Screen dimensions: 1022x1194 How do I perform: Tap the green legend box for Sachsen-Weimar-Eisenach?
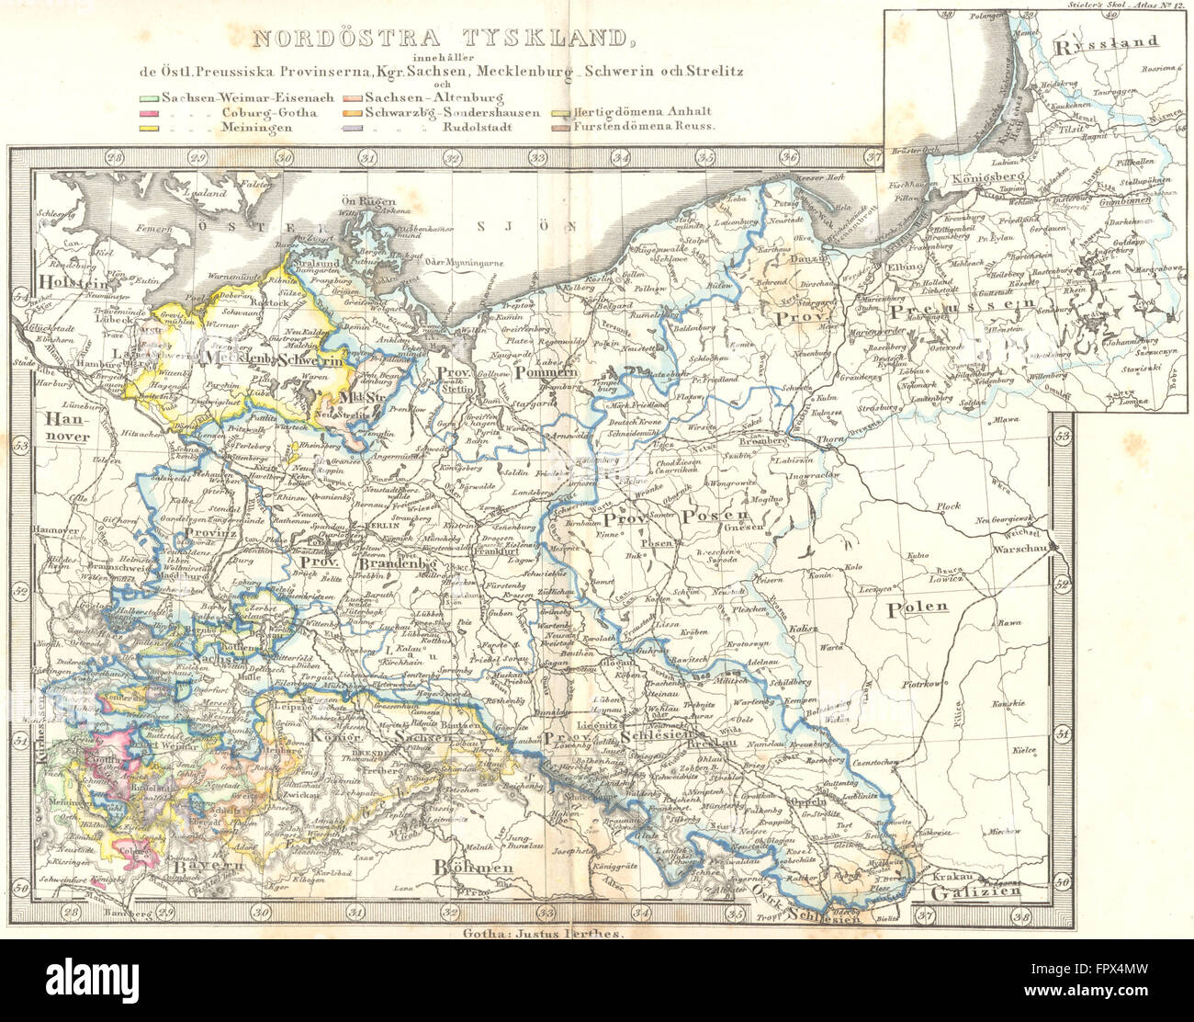pyautogui.click(x=149, y=97)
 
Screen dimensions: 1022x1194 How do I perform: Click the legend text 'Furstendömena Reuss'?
pyautogui.click(x=643, y=129)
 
